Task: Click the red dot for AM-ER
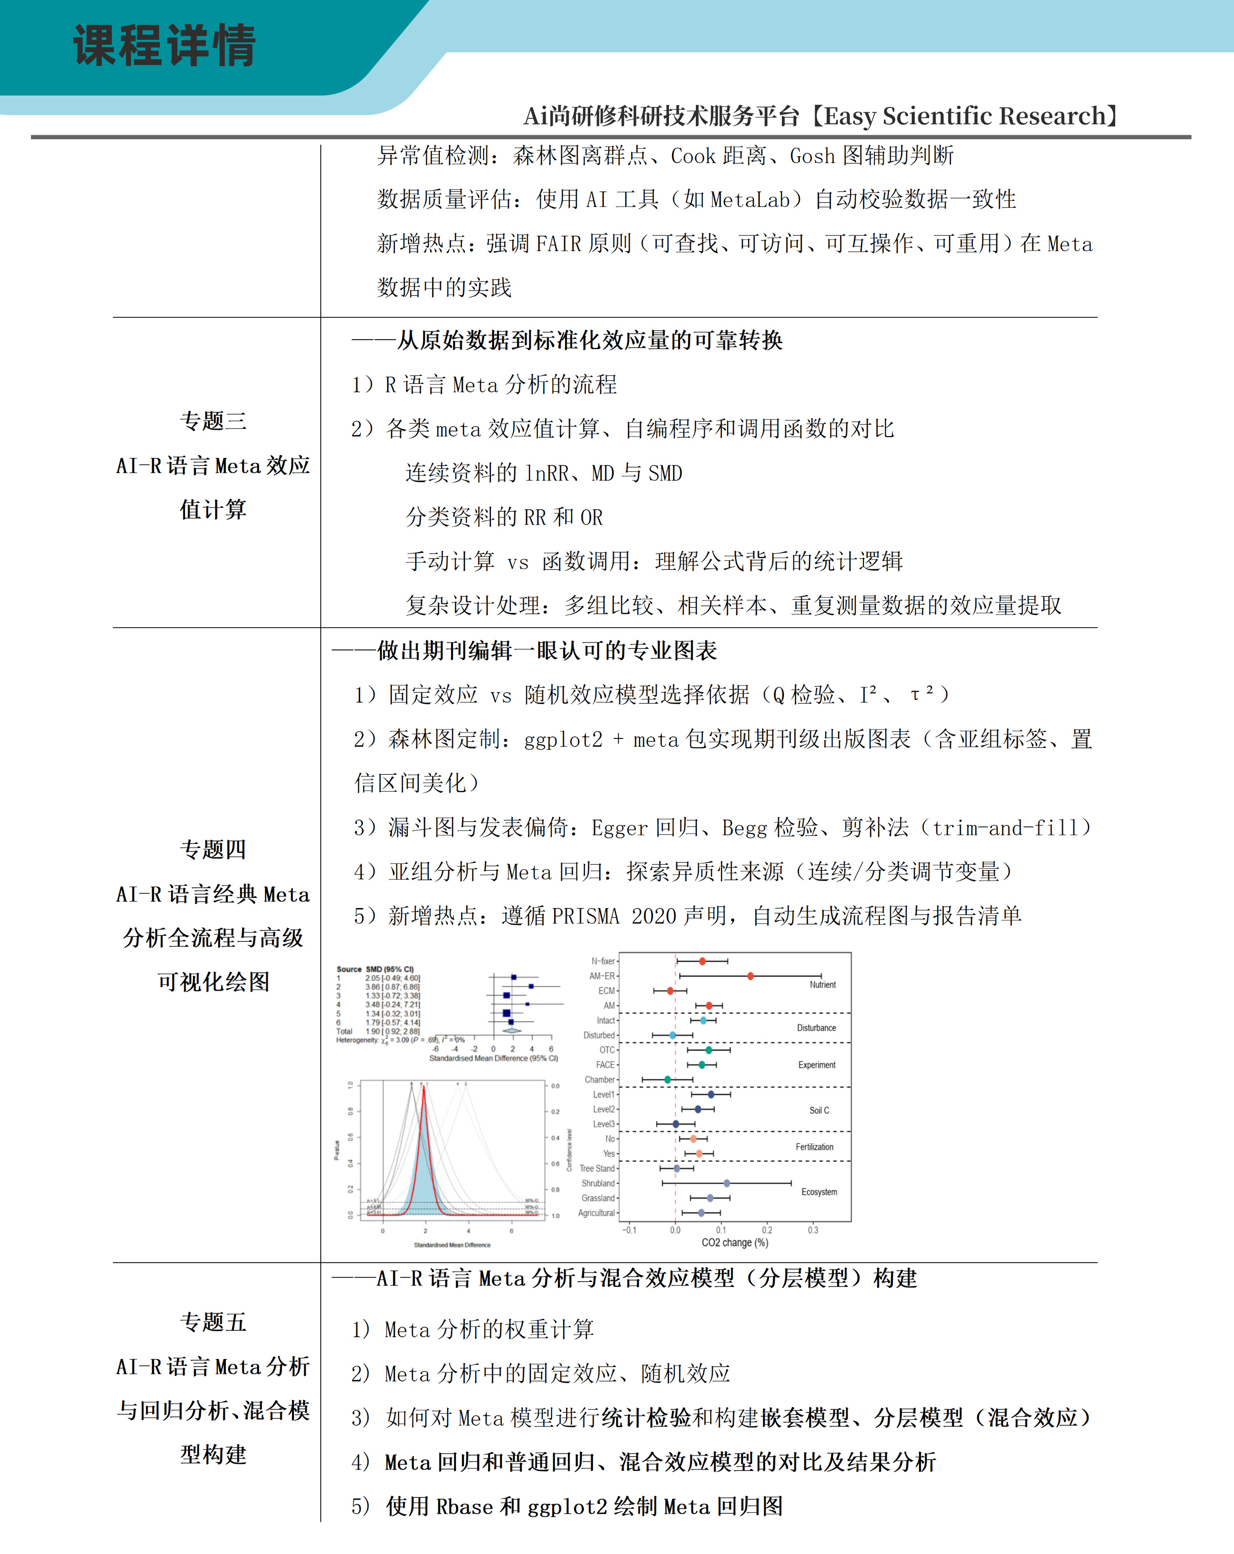751,976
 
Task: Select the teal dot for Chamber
667,1079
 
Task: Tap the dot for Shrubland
727,1183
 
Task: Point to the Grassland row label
598,1198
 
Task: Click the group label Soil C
819,1110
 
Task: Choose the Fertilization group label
815,1147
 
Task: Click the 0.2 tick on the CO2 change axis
767,1230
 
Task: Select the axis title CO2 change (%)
735,1243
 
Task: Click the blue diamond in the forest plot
512,1031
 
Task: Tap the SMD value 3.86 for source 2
372,987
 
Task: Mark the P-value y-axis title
337,1150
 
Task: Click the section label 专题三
213,421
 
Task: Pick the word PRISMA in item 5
584,916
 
